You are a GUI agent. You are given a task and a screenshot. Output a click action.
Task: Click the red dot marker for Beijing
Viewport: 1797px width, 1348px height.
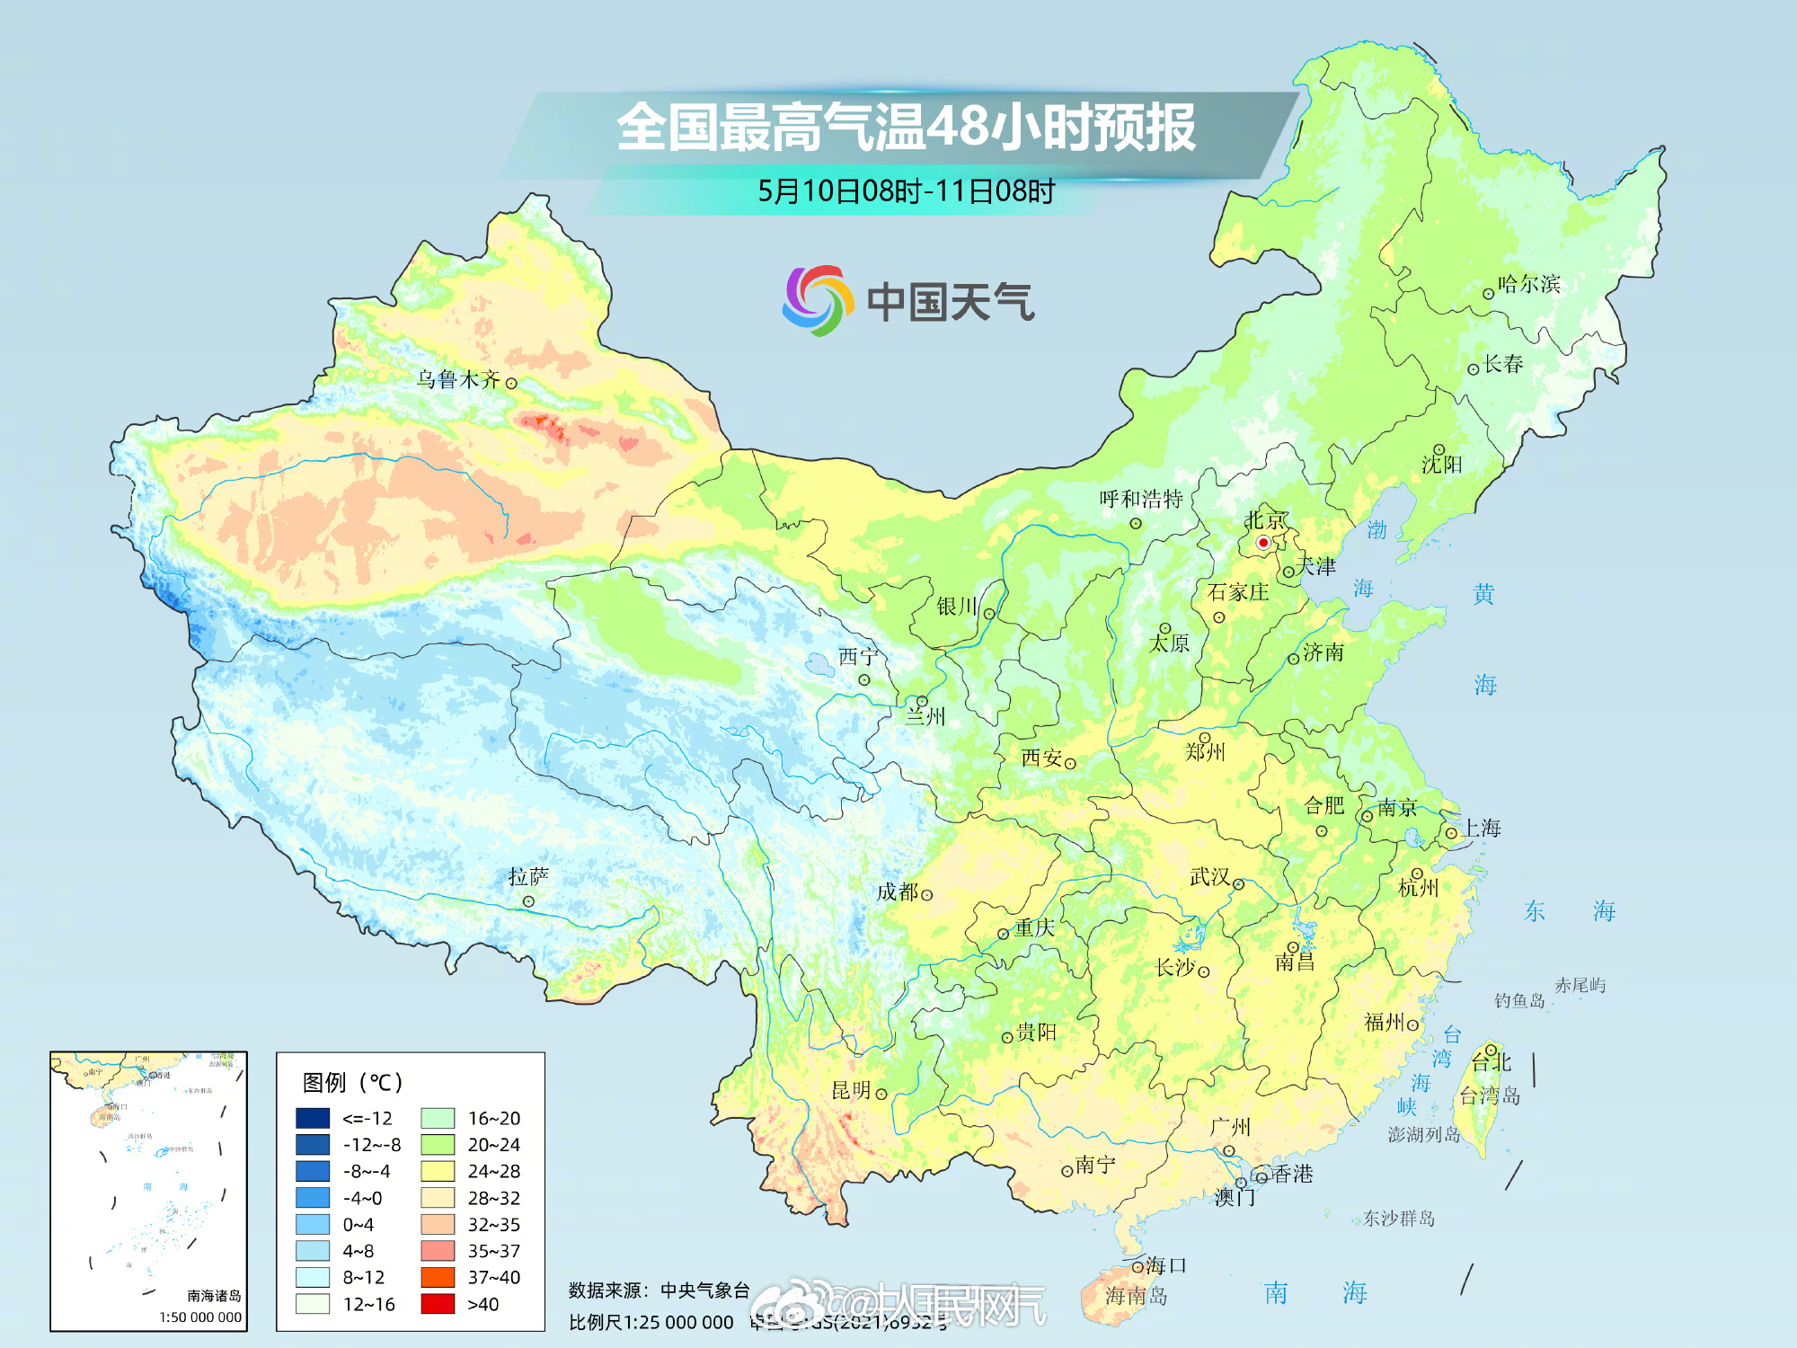tap(1262, 543)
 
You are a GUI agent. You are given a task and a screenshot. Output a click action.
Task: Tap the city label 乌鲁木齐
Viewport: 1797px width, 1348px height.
tap(457, 379)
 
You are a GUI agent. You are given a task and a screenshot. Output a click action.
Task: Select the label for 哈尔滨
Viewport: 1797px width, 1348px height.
tap(1528, 284)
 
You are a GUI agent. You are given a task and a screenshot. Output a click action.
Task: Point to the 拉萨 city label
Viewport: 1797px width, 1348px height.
tap(528, 876)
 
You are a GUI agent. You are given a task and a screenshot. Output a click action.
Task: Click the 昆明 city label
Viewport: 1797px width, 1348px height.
tap(851, 1090)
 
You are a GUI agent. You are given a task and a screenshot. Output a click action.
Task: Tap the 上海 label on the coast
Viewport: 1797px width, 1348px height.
tap(1482, 828)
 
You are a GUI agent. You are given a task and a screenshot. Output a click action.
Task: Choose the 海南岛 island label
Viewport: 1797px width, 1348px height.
tap(1136, 1295)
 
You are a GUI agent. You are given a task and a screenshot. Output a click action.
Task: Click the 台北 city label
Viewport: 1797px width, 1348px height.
tap(1492, 1062)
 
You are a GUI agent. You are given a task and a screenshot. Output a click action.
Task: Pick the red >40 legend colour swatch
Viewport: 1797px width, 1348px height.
tap(438, 1304)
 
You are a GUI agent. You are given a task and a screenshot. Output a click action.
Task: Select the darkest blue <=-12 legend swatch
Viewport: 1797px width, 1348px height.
tap(313, 1118)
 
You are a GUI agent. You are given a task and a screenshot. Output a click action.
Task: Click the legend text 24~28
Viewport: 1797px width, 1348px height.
tap(493, 1171)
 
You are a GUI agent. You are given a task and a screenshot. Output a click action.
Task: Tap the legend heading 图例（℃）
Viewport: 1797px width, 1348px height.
tap(353, 1082)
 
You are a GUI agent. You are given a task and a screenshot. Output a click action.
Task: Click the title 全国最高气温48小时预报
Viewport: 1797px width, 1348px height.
tap(906, 127)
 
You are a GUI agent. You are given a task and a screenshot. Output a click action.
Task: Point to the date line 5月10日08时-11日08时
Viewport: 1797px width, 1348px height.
tap(906, 191)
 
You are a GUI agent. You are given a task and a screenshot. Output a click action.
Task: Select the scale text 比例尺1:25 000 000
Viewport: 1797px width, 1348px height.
tap(651, 1322)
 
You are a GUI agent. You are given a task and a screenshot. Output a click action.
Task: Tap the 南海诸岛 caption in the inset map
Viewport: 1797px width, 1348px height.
tap(214, 1295)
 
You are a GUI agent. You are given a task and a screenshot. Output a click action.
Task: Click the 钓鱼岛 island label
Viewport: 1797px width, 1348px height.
tap(1518, 1000)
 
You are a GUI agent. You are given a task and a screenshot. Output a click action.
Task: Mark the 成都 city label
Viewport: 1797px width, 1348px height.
tap(898, 891)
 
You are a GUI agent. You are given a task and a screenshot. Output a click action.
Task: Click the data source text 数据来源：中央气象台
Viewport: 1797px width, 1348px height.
tap(659, 1290)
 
